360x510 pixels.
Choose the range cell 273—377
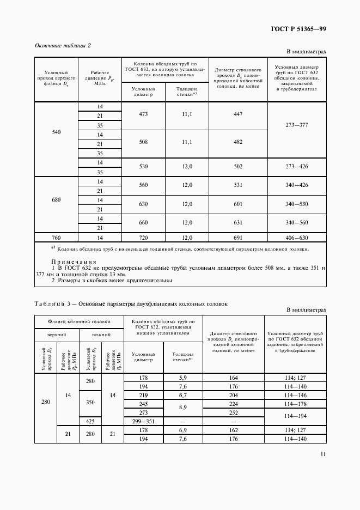[297, 125]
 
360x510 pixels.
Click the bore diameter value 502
[237, 167]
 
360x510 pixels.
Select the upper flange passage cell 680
[56, 199]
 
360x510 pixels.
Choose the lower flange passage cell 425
[90, 421]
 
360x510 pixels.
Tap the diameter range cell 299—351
[144, 421]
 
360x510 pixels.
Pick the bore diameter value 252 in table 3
[233, 412]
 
